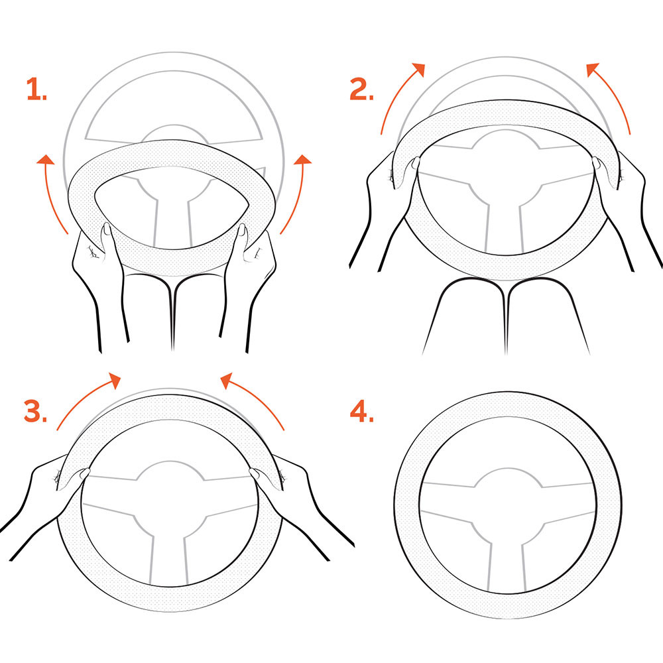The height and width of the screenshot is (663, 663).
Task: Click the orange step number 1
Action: click(x=36, y=89)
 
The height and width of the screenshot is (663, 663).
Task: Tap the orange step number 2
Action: click(x=361, y=89)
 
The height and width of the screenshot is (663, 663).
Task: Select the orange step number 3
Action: click(x=36, y=411)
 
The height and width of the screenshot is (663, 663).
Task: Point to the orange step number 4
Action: click(x=362, y=411)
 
